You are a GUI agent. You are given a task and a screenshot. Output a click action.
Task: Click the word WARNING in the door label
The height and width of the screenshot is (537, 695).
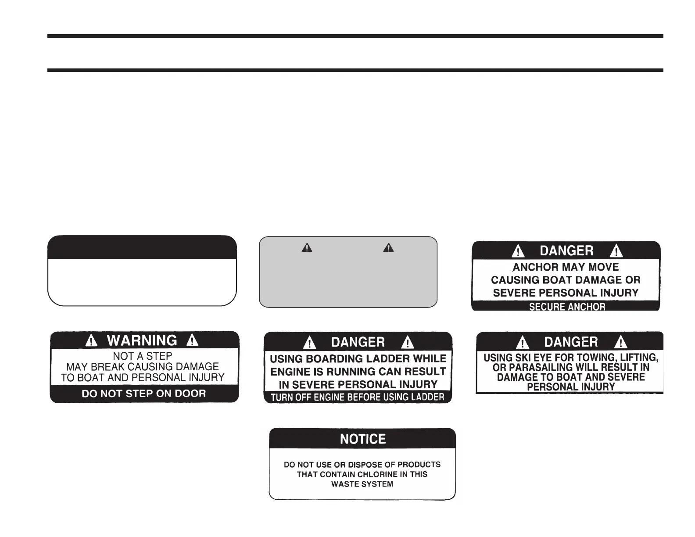coord(142,340)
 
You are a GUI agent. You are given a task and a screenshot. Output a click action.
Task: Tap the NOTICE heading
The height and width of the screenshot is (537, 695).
coord(363,439)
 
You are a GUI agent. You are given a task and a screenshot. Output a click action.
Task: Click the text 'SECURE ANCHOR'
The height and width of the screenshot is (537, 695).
coord(567,307)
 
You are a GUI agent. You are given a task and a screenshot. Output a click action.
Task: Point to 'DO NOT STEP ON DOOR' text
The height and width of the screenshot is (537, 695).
coord(143,394)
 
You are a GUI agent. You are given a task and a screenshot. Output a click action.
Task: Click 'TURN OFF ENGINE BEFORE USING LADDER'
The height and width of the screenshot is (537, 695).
coord(358,397)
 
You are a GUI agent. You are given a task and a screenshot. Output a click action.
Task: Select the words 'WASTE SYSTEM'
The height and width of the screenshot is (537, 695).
coord(362,484)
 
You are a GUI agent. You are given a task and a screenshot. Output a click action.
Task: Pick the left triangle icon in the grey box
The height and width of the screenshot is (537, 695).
coord(307,248)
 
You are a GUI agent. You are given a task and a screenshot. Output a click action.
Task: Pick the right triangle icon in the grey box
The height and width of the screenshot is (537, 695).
coord(388,248)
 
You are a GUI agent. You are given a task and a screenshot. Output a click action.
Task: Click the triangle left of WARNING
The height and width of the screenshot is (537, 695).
coord(91,340)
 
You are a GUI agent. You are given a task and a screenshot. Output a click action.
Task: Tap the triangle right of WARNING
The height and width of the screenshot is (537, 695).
coord(192,340)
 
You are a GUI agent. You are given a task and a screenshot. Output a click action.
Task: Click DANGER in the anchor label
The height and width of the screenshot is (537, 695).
coord(566,251)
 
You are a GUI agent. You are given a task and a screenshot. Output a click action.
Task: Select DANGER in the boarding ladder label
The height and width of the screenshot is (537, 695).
coord(358,342)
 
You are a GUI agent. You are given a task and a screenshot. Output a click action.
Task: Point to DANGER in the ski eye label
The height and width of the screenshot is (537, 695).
coord(571,342)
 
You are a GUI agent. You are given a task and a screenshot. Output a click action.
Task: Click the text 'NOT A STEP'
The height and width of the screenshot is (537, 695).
coord(143,356)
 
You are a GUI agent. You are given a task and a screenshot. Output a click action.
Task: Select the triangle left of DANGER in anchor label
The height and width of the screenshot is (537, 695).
coord(519,251)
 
